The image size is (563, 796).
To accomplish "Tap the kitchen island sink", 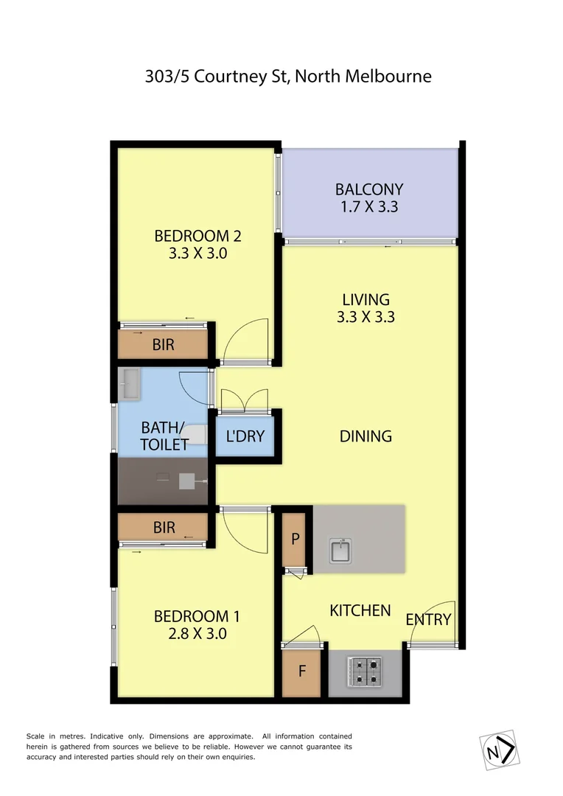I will [341, 550].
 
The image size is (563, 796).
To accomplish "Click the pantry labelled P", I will [296, 539].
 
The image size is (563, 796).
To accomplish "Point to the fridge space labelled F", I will [302, 672].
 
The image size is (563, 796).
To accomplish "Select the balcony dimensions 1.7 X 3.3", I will [369, 207].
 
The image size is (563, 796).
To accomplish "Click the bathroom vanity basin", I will [130, 383].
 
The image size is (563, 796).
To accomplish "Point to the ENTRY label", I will [428, 619].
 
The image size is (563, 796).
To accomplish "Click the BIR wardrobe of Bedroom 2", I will [164, 344].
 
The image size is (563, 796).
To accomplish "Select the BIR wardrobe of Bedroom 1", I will [164, 528].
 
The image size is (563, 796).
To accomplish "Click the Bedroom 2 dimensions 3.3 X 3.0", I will [197, 254].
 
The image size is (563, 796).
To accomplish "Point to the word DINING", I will [366, 436].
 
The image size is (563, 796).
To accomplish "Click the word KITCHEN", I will [360, 610].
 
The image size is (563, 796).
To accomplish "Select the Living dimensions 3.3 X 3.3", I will [366, 318].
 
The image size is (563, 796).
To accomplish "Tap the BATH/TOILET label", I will [164, 435].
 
